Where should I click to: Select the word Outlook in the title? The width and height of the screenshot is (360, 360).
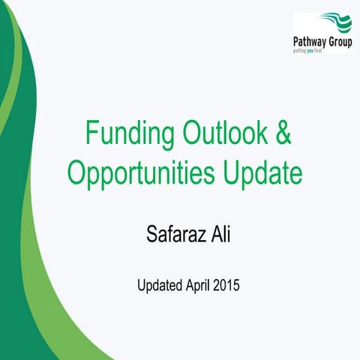[217, 135]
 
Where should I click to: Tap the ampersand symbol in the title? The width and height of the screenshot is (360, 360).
[278, 135]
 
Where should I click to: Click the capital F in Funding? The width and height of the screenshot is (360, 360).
[91, 135]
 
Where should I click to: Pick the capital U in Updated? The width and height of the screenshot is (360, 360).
[140, 285]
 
